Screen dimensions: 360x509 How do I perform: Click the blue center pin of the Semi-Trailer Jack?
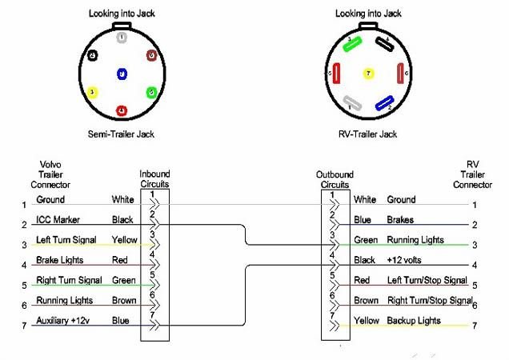coord(121,74)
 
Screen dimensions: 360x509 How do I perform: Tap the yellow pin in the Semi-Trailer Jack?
coord(93,92)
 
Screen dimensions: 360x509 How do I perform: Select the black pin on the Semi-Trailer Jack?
coord(93,55)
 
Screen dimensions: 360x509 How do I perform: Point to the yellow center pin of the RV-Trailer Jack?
coord(368,74)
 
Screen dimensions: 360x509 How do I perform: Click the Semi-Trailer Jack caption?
coord(121,134)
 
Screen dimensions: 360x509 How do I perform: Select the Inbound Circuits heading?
coord(154,178)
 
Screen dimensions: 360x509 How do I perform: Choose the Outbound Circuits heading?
coord(335,178)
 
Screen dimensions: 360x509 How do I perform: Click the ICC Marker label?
coord(58,219)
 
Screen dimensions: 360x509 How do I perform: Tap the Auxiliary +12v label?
coord(64,320)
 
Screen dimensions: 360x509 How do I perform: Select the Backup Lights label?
coord(414,320)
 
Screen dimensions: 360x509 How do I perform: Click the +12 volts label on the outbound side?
coord(407,260)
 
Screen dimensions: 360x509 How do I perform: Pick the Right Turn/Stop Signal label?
coord(429,300)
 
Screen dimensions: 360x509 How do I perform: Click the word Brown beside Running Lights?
coord(122,300)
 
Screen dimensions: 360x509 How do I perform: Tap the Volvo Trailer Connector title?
coord(50,174)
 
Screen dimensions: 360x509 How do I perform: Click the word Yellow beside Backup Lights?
coord(367,320)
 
